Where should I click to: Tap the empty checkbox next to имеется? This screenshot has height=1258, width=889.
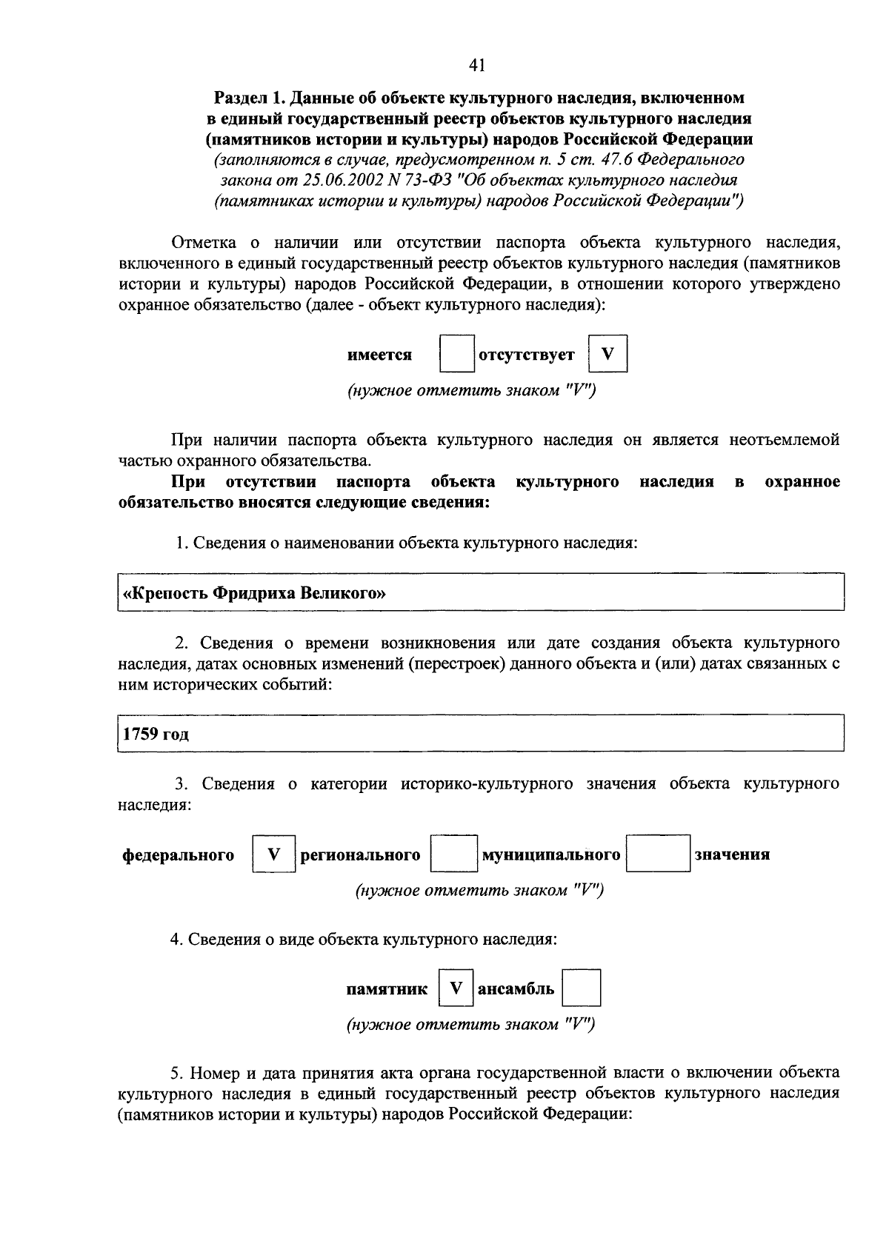(456, 354)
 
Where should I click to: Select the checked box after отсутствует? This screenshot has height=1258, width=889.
(607, 354)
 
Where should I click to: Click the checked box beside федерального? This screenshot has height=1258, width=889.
(273, 854)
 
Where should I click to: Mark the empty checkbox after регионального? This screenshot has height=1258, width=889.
(453, 854)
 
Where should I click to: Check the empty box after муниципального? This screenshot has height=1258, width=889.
(658, 854)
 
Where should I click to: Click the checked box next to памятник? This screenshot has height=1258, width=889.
(456, 988)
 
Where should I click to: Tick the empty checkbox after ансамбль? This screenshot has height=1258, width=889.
(581, 988)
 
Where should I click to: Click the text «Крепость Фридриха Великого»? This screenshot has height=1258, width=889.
(255, 593)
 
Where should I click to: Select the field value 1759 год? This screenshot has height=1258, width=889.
(156, 735)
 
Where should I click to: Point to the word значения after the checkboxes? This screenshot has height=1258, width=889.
(732, 854)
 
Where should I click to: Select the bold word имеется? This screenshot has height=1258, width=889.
(379, 355)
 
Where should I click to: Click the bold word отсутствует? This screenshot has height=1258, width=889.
(527, 355)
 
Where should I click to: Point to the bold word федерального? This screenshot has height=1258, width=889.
(179, 855)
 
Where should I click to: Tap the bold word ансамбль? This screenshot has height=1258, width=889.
(516, 988)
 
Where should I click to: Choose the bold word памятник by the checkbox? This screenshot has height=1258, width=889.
(387, 989)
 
